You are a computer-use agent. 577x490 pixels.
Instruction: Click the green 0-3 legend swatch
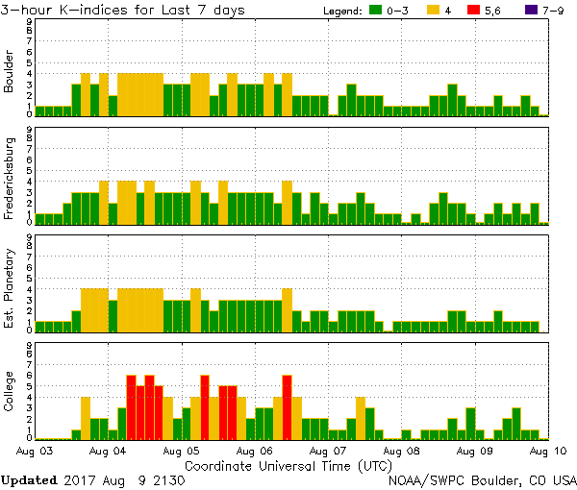tap(374, 11)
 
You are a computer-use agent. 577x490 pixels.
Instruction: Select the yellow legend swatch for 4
tap(433, 11)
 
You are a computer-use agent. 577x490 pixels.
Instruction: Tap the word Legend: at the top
tap(337, 11)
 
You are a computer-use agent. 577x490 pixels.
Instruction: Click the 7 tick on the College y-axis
tap(29, 365)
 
